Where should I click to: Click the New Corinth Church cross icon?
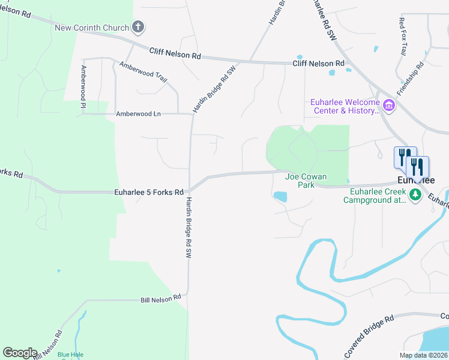(x=139, y=27)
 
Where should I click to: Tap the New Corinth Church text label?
(x=92, y=28)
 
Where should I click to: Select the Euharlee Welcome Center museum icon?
(x=389, y=106)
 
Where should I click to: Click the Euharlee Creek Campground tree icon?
(x=414, y=194)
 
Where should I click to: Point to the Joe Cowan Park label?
(x=300, y=181)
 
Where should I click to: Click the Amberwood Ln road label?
(x=139, y=113)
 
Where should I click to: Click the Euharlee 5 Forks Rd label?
(x=148, y=193)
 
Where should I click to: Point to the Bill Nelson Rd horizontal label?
(x=160, y=298)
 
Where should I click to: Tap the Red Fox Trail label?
(x=403, y=37)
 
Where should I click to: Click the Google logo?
(x=20, y=353)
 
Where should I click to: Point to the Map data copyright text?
(x=424, y=355)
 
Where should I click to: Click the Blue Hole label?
(x=70, y=355)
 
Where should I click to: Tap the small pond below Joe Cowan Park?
(x=280, y=196)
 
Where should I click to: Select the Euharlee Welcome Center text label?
(x=345, y=106)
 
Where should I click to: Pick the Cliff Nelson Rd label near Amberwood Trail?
(x=175, y=55)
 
